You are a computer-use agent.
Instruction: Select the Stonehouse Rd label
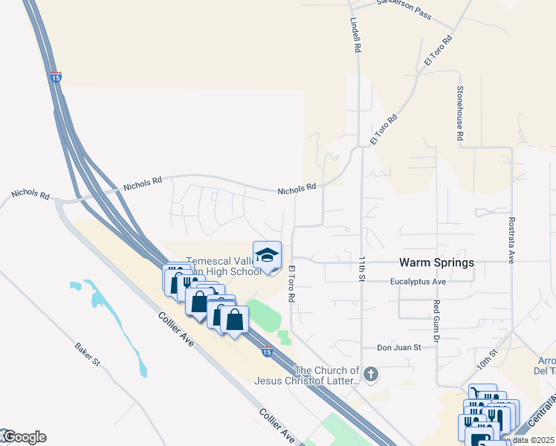460,113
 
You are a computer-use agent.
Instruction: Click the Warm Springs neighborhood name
436,262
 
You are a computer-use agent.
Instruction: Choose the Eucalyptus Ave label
418,282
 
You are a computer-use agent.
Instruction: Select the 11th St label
362,269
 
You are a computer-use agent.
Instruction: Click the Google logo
24,437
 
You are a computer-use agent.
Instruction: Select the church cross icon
372,372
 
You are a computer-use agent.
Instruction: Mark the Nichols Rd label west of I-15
30,194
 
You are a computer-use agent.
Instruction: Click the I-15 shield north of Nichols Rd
56,77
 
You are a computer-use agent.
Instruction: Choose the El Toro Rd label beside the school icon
292,283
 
